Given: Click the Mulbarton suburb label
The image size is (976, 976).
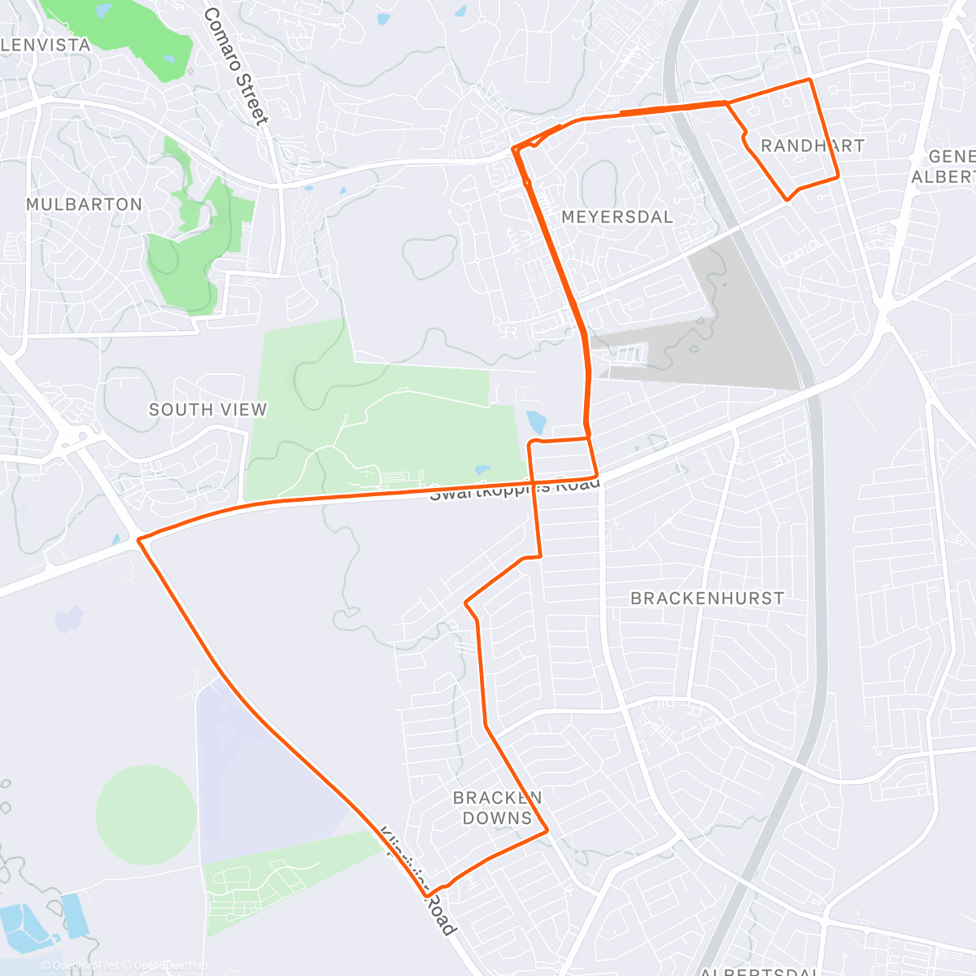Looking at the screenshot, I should pyautogui.click(x=84, y=204).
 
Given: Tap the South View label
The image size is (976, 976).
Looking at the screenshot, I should pyautogui.click(x=207, y=410).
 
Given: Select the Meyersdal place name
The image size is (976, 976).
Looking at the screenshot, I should pyautogui.click(x=617, y=217).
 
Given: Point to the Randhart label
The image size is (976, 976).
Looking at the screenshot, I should pyautogui.click(x=812, y=146).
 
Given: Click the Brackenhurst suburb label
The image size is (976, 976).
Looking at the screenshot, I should pyautogui.click(x=708, y=599).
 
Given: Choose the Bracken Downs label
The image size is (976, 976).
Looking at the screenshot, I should pyautogui.click(x=497, y=808).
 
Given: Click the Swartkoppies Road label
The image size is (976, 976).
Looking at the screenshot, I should pyautogui.click(x=514, y=488).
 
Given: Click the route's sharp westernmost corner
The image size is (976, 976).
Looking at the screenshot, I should pyautogui.click(x=139, y=539).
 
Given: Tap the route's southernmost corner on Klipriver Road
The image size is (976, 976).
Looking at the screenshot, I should pyautogui.click(x=426, y=895).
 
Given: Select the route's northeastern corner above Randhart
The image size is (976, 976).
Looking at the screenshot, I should pyautogui.click(x=809, y=80).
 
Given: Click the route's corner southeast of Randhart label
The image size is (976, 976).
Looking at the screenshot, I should pyautogui.click(x=838, y=177).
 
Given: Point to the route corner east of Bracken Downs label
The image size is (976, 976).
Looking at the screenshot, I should pyautogui.click(x=547, y=830).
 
